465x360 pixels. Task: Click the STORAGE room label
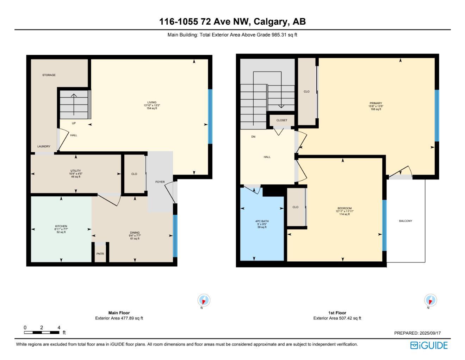[49, 75]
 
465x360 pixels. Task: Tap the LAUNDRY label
[44, 146]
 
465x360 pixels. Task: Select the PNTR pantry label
[100, 254]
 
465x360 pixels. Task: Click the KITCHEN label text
[61, 226]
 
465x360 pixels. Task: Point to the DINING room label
[135, 233]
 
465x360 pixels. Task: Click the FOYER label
[160, 182]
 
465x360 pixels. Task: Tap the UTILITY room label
[76, 171]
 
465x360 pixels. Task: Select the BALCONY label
[405, 221]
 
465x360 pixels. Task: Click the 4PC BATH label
[262, 221]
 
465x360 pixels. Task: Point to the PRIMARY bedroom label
[376, 103]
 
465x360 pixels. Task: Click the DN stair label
[253, 137]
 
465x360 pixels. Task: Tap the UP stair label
[74, 124]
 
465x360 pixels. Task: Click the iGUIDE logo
[429, 346]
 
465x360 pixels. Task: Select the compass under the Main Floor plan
[204, 300]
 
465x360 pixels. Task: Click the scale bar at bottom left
[42, 333]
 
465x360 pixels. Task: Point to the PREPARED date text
[417, 333]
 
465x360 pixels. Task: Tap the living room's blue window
[210, 116]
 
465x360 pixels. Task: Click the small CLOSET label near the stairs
[282, 120]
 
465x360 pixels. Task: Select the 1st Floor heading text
[337, 313]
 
